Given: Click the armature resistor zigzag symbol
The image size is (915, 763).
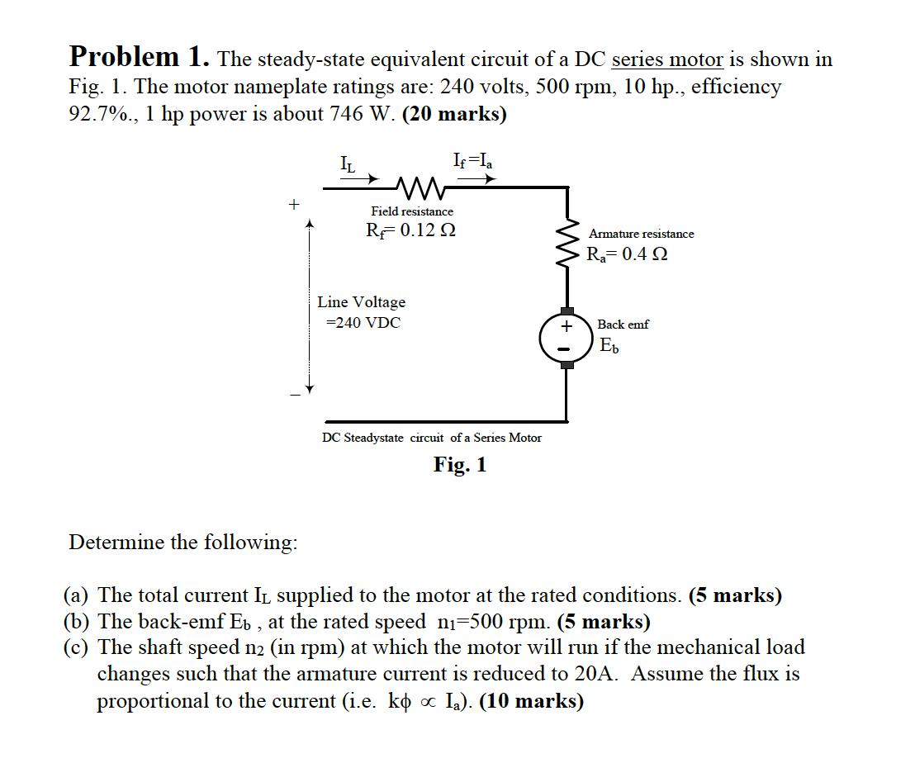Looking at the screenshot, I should coord(567,244).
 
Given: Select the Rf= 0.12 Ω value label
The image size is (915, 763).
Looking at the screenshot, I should coord(410,231).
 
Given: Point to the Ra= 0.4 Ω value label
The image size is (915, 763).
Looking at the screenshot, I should coord(627,254).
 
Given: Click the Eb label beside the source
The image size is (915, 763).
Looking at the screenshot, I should coord(609,345).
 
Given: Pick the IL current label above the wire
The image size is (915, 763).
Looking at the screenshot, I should coord(348,163).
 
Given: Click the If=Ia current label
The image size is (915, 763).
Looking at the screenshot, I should coord(473,160).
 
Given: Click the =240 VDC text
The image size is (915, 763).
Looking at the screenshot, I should coord(363,323).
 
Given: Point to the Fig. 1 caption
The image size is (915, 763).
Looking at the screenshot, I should coord(460,465).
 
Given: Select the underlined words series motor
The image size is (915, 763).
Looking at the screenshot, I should coord(666,59).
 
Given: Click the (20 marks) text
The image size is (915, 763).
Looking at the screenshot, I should coord(454,113).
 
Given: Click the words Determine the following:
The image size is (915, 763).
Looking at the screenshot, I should coord(183,543).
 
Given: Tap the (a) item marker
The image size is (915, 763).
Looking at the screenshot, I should coord(79,595).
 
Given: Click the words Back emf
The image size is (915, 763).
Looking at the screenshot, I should coord(623,325).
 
